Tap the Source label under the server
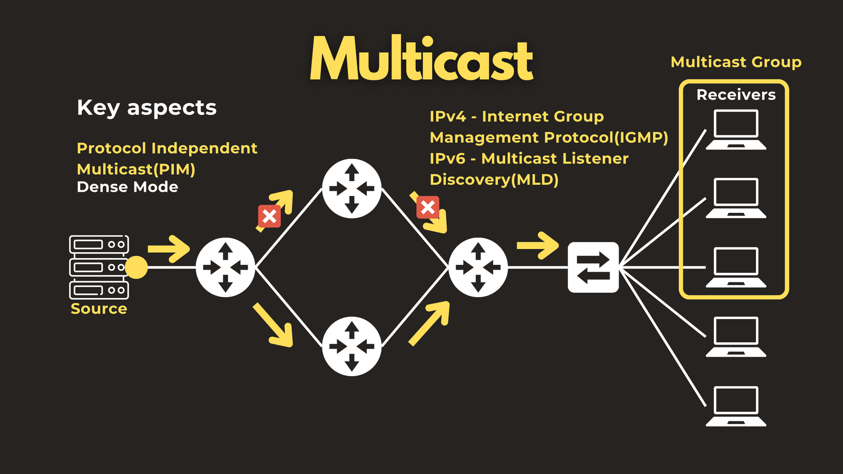click(99, 309)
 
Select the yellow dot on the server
click(136, 268)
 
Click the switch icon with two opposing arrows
click(593, 268)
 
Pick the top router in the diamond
click(352, 189)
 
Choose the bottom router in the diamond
click(352, 347)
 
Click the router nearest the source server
click(226, 268)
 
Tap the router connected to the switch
click(478, 268)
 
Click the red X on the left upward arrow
click(269, 216)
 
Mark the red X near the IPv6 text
click(428, 208)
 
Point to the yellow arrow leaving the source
click(169, 249)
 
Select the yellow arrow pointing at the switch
click(537, 245)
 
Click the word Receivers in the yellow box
click(736, 95)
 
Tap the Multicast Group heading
click(736, 62)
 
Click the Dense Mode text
click(127, 187)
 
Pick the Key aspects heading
click(147, 108)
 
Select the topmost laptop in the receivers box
click(736, 130)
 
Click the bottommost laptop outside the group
click(736, 406)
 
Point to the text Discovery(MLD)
click(494, 180)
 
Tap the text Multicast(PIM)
click(136, 170)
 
